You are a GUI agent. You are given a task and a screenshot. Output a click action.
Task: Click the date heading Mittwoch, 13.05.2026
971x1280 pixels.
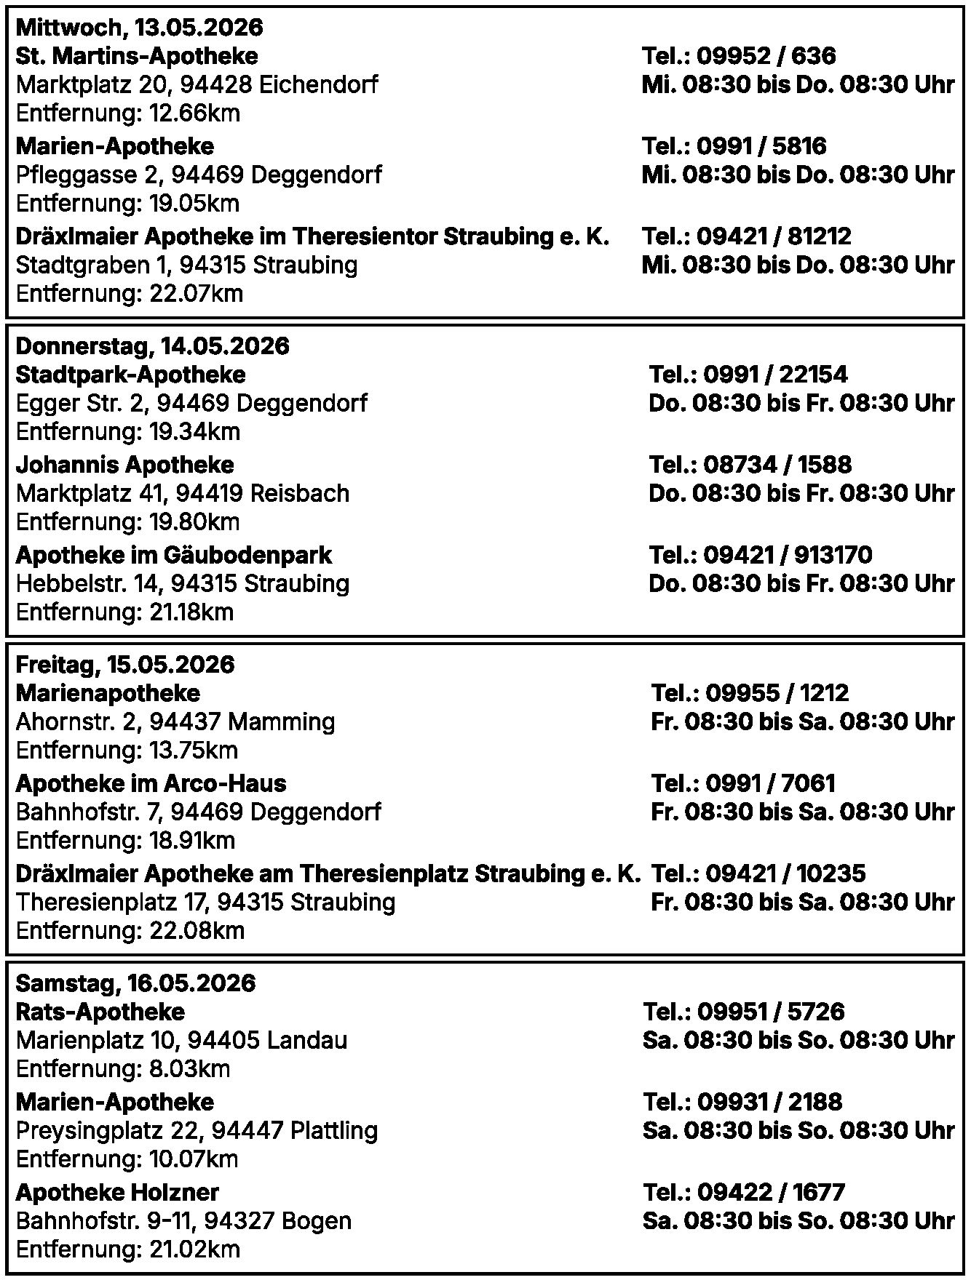click(x=139, y=28)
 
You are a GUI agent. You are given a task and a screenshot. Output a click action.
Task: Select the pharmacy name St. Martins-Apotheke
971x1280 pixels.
click(x=137, y=56)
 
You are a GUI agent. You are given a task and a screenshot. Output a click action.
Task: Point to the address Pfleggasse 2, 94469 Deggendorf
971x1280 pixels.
click(x=199, y=175)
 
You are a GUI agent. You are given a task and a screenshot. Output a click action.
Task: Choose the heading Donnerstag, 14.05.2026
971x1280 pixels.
click(x=152, y=346)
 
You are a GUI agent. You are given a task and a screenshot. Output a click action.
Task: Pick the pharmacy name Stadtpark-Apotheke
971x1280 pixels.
click(x=131, y=375)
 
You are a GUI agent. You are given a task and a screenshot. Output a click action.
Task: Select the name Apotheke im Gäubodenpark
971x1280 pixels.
click(x=173, y=555)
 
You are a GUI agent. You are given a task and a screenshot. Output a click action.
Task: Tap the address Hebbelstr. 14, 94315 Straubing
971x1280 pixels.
click(x=183, y=584)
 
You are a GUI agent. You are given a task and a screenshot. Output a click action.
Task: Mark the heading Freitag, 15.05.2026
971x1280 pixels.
click(x=125, y=665)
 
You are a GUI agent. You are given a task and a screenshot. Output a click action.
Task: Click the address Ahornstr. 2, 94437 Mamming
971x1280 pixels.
click(x=175, y=722)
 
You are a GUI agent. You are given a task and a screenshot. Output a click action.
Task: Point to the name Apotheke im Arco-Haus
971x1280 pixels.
click(x=151, y=783)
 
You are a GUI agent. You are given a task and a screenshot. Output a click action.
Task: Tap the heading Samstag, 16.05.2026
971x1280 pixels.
click(x=135, y=984)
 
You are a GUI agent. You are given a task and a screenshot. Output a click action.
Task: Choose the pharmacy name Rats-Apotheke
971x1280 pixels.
click(x=100, y=1012)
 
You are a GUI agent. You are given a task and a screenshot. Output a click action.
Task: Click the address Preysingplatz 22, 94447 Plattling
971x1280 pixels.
click(x=197, y=1131)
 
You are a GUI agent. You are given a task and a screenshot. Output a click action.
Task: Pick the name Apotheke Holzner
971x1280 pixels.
click(x=117, y=1192)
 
